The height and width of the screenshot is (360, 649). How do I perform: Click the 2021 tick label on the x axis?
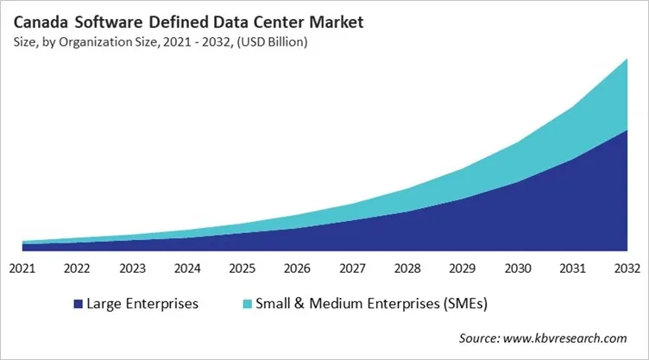tap(22, 268)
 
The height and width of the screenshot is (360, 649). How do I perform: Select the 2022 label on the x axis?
tap(77, 268)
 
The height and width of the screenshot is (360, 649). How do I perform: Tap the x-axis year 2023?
tap(132, 268)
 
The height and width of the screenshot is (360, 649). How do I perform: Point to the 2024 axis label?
tap(186, 268)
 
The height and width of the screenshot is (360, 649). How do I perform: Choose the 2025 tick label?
tap(242, 268)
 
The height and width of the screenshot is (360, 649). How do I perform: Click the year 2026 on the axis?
tap(297, 268)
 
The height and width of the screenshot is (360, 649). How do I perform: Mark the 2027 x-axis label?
tap(351, 268)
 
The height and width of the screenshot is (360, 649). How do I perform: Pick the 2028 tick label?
tap(406, 268)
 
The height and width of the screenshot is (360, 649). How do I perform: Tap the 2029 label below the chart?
tap(462, 268)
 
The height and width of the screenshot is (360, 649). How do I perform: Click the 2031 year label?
tap(571, 268)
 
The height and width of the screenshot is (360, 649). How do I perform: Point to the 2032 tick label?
tap(626, 268)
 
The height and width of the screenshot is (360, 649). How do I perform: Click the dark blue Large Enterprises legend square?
tap(79, 304)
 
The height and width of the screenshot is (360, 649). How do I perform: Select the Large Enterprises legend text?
tap(143, 304)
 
